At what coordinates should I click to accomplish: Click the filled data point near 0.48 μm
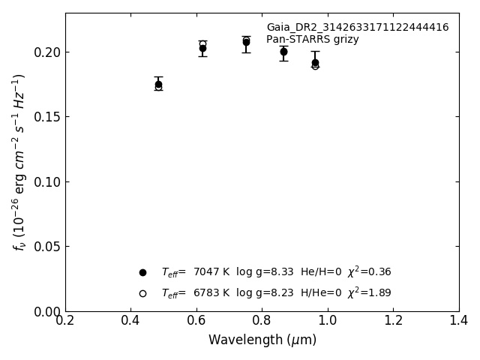(158, 84)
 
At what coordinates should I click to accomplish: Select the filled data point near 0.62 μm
(202, 48)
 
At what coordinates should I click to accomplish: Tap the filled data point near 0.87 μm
(283, 52)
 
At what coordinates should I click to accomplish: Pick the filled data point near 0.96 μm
(315, 63)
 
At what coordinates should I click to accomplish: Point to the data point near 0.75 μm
(246, 42)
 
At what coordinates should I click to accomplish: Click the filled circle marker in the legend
(142, 272)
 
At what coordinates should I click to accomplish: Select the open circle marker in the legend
(142, 293)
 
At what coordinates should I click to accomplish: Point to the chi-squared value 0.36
(379, 272)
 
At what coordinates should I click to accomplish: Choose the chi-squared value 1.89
(379, 293)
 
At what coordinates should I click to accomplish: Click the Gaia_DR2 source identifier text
(357, 28)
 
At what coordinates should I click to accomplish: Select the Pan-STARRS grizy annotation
(312, 40)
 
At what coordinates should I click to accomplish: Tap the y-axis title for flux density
(19, 162)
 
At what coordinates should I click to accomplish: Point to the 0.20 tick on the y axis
(49, 52)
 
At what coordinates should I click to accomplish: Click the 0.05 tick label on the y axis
(49, 247)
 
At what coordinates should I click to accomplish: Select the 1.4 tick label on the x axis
(458, 321)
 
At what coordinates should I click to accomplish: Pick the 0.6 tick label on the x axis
(196, 321)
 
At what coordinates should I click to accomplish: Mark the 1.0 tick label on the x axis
(327, 321)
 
